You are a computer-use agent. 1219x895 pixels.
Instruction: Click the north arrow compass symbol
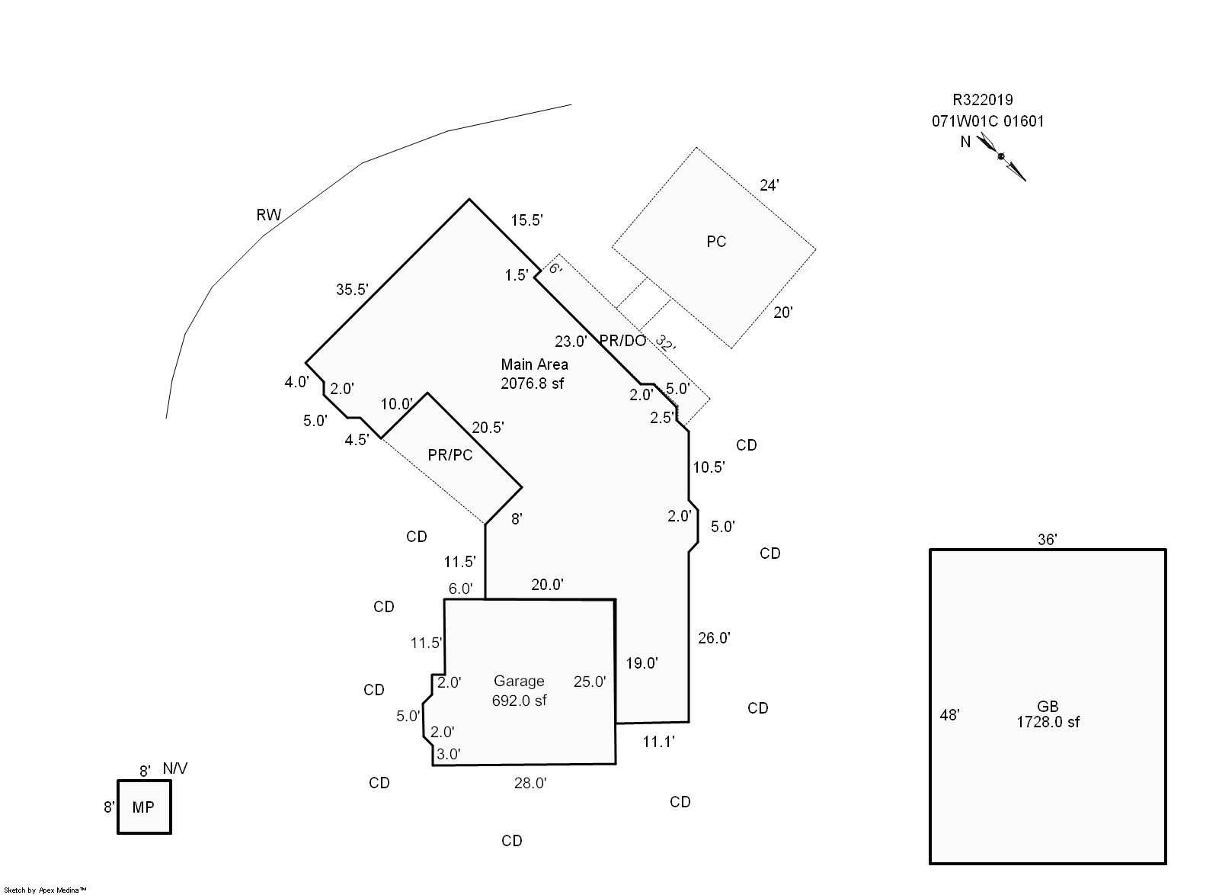click(1001, 156)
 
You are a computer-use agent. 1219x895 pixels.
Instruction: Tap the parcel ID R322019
click(983, 100)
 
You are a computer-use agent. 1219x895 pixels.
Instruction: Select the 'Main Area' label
click(534, 364)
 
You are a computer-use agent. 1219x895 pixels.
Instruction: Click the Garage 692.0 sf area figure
click(520, 701)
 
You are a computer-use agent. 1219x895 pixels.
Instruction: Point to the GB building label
click(1048, 707)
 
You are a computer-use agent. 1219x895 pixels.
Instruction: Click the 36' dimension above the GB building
click(1048, 540)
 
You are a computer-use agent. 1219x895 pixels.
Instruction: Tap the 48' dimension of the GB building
click(949, 715)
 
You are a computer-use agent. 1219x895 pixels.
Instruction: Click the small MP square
click(143, 807)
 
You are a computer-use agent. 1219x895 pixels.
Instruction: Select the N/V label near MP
click(175, 768)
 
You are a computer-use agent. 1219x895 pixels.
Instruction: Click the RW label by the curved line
click(269, 215)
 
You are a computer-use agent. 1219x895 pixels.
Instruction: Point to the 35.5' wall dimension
click(353, 290)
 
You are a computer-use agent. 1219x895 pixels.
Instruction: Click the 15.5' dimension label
click(526, 220)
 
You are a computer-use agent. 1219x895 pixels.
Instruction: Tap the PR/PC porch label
click(450, 455)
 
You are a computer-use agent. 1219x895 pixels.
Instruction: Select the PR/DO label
click(622, 341)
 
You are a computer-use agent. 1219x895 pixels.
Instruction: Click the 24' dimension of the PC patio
click(769, 185)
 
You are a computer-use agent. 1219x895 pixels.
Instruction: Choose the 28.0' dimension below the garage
click(530, 783)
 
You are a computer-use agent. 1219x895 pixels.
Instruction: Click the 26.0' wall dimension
click(714, 638)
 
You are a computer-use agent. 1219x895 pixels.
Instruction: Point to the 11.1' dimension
click(658, 741)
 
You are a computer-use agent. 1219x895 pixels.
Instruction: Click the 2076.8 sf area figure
click(533, 383)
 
